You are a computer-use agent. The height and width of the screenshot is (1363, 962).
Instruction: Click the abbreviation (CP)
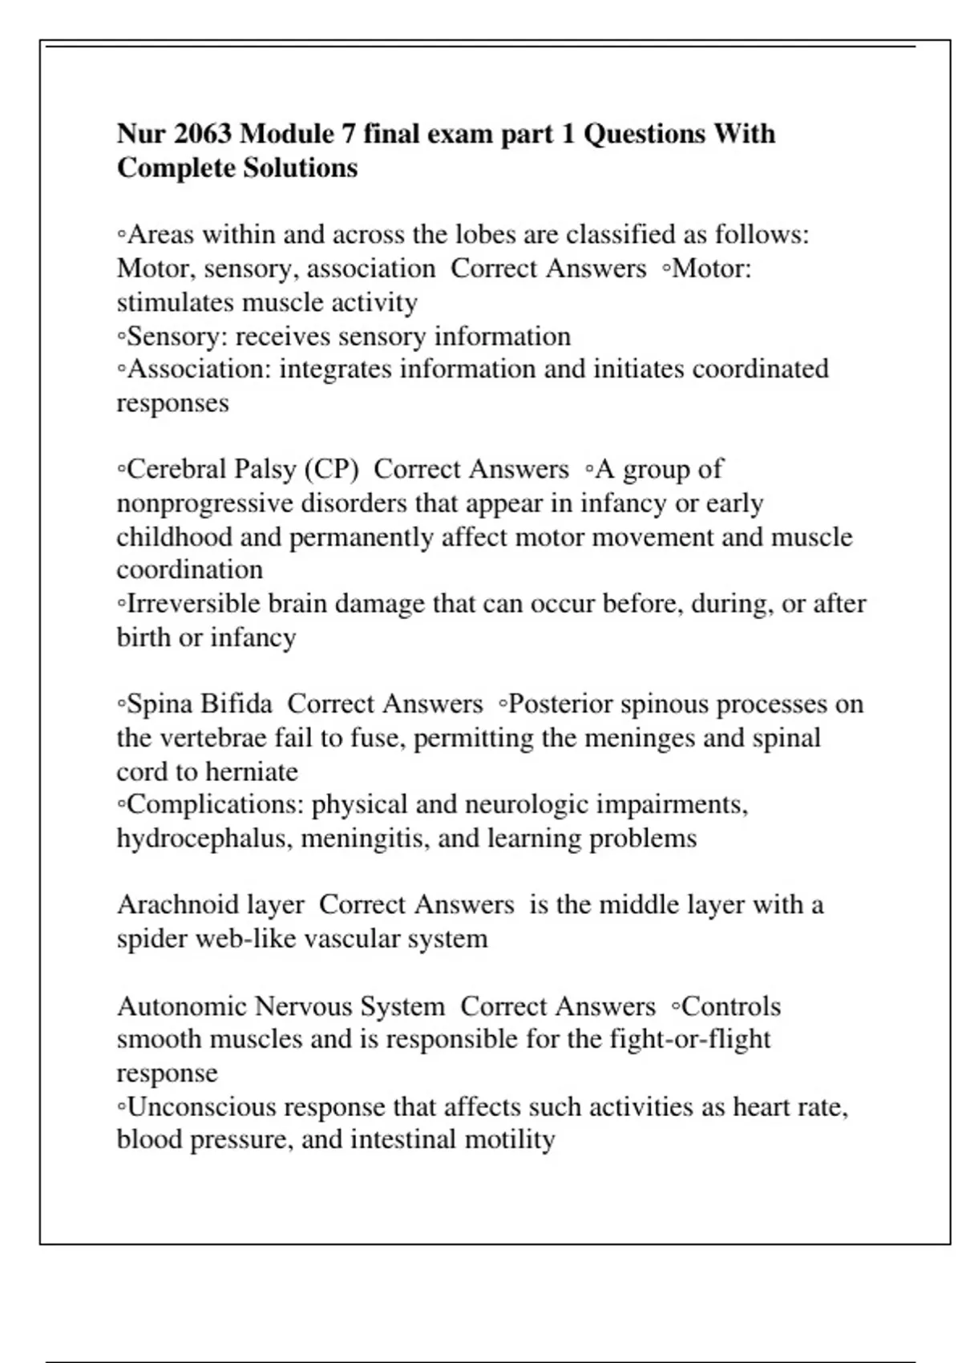tap(331, 469)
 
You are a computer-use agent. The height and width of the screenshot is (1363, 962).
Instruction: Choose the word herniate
tap(252, 771)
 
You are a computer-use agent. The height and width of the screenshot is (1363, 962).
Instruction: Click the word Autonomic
tap(182, 1006)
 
